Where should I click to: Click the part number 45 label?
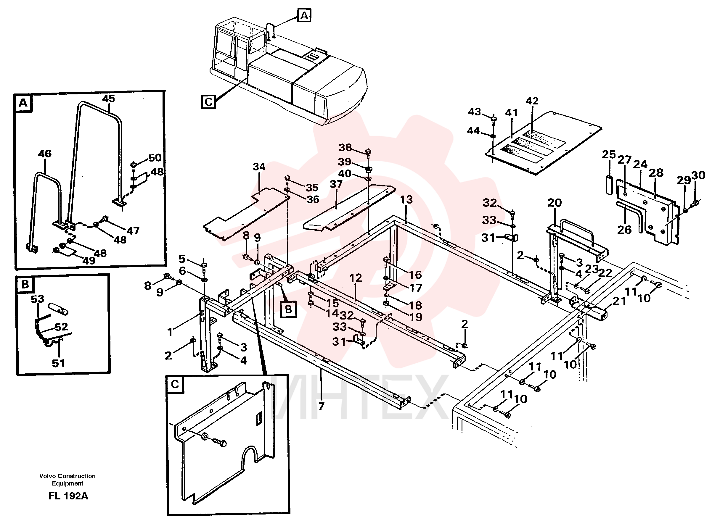[x=108, y=99]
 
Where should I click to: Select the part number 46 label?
[x=44, y=154]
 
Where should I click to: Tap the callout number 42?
[x=532, y=101]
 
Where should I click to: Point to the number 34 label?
[x=259, y=167]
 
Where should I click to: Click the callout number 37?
[x=336, y=184]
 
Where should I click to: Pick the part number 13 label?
[x=406, y=199]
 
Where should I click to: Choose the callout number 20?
[x=554, y=203]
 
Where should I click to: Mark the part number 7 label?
[x=321, y=406]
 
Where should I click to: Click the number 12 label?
[x=356, y=278]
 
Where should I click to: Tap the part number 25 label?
[x=609, y=154]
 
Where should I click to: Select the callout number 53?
[x=38, y=299]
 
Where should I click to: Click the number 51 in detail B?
[x=58, y=363]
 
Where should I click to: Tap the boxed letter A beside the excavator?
[x=304, y=15]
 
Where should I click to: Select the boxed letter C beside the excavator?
[x=208, y=102]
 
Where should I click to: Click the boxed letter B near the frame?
[x=288, y=309]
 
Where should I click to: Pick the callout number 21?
[x=619, y=301]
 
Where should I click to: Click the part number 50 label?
[x=155, y=158]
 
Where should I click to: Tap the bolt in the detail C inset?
[x=219, y=443]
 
